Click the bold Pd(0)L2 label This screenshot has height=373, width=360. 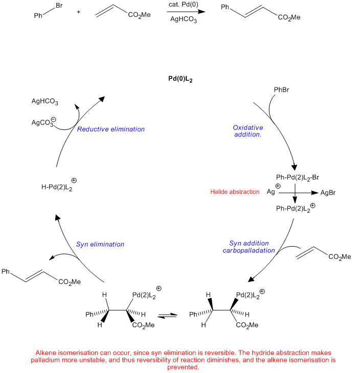(x=180, y=79)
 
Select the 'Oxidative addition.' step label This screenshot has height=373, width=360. (x=248, y=131)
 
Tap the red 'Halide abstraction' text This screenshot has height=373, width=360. (x=235, y=192)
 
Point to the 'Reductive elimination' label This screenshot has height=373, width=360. (x=111, y=129)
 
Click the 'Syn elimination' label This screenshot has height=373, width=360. (x=100, y=244)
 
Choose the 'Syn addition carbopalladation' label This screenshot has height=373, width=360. (x=249, y=247)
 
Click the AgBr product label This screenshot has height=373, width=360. (x=328, y=193)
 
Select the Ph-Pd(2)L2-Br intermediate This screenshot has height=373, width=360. (x=298, y=178)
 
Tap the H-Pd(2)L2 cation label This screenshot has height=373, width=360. (x=59, y=185)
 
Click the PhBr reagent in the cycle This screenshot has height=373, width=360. (x=282, y=90)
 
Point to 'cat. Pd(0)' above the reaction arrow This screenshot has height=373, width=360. (x=184, y=5)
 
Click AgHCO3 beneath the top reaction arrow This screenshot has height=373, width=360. (x=184, y=19)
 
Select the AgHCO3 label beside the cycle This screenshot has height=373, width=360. (x=44, y=102)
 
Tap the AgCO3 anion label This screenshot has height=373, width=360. (x=44, y=122)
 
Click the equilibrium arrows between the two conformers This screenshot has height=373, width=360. (x=167, y=315)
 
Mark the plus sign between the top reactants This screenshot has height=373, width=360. (x=79, y=12)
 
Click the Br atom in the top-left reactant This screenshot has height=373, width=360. (x=59, y=6)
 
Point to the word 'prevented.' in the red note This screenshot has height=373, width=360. (x=183, y=367)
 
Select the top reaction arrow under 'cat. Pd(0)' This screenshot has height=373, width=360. (x=186, y=12)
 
